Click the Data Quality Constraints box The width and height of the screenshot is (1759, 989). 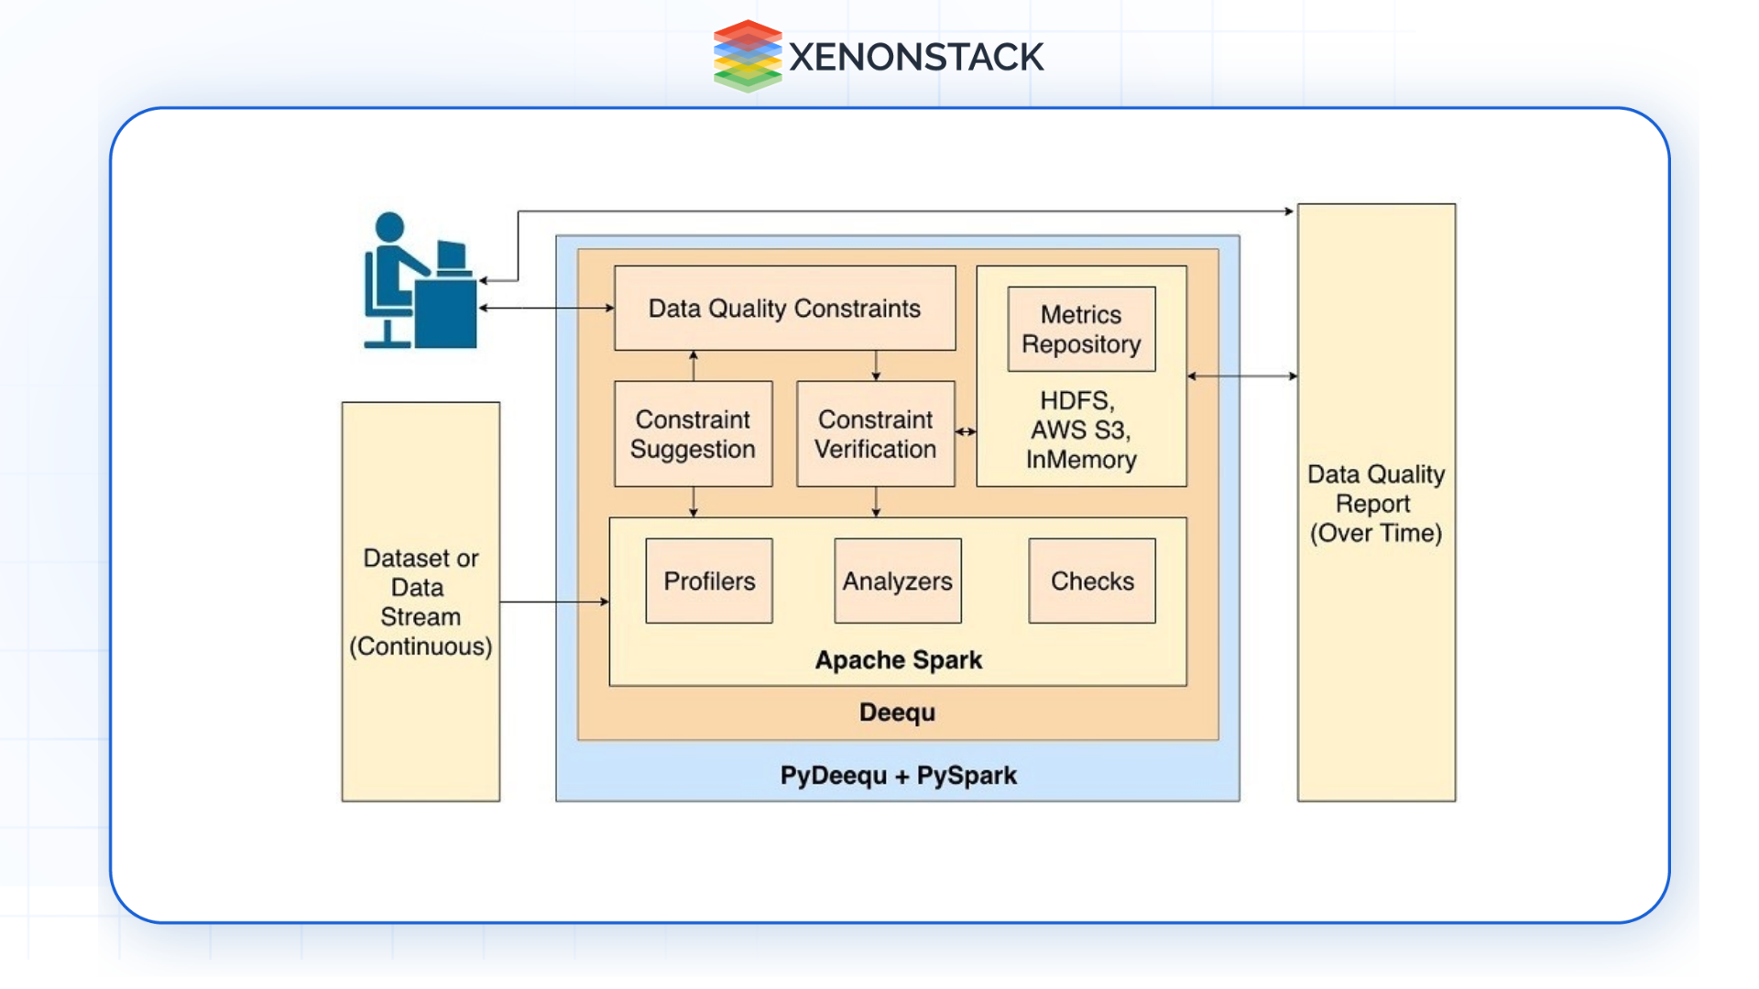coord(784,309)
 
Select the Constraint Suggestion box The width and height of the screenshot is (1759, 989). coord(693,434)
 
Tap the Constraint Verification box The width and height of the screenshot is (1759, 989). coord(875,434)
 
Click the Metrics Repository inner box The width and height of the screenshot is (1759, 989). coord(1081,329)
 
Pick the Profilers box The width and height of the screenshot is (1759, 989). coord(709,581)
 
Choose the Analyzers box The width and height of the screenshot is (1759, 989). coord(897,581)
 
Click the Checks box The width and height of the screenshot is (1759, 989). coord(1091,581)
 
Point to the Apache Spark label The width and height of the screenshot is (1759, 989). coord(898,660)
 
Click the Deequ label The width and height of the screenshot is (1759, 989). coord(897,712)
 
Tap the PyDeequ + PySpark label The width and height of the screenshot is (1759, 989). coord(898,776)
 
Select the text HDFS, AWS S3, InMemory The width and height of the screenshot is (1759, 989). coord(1081,430)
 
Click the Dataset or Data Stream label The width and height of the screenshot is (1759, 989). coord(421,602)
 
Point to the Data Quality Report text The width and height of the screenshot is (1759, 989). coord(1375,504)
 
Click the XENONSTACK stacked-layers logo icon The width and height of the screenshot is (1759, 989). coord(747,57)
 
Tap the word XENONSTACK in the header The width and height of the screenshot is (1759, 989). coord(915,58)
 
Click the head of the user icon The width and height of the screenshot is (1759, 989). coord(389,227)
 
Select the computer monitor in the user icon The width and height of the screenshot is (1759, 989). coord(452,256)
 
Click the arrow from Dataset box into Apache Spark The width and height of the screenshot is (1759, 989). coord(554,602)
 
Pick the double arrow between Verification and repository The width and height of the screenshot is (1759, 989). coord(966,431)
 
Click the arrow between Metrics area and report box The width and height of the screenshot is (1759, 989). coord(1241,375)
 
